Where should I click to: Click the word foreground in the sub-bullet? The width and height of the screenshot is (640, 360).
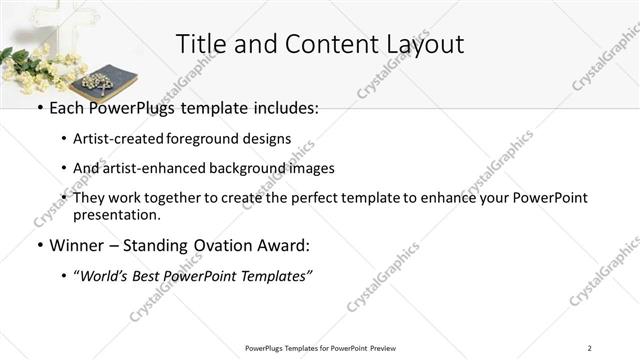point(218,139)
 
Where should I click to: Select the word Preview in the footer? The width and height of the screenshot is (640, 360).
point(383,348)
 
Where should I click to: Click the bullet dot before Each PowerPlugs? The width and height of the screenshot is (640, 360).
point(39,108)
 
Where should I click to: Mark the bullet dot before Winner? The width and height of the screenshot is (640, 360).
point(39,246)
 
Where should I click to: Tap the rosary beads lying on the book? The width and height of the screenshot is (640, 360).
point(99,81)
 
